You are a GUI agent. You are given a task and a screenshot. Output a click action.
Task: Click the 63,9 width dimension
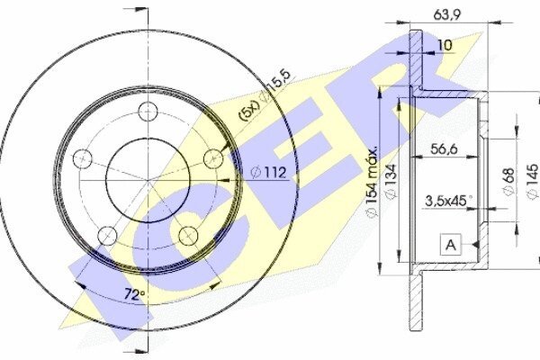pos(447,15)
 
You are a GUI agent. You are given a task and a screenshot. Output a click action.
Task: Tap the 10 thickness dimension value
pos(445,45)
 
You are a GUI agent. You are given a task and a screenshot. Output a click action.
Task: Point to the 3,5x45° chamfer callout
pos(448,201)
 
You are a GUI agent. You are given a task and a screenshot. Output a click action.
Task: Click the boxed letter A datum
pos(451,245)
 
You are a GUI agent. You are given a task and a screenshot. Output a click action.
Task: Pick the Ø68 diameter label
pos(508,181)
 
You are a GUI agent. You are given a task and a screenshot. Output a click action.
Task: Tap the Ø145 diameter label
pos(533,181)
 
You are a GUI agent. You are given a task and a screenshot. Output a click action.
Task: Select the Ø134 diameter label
pos(391,181)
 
